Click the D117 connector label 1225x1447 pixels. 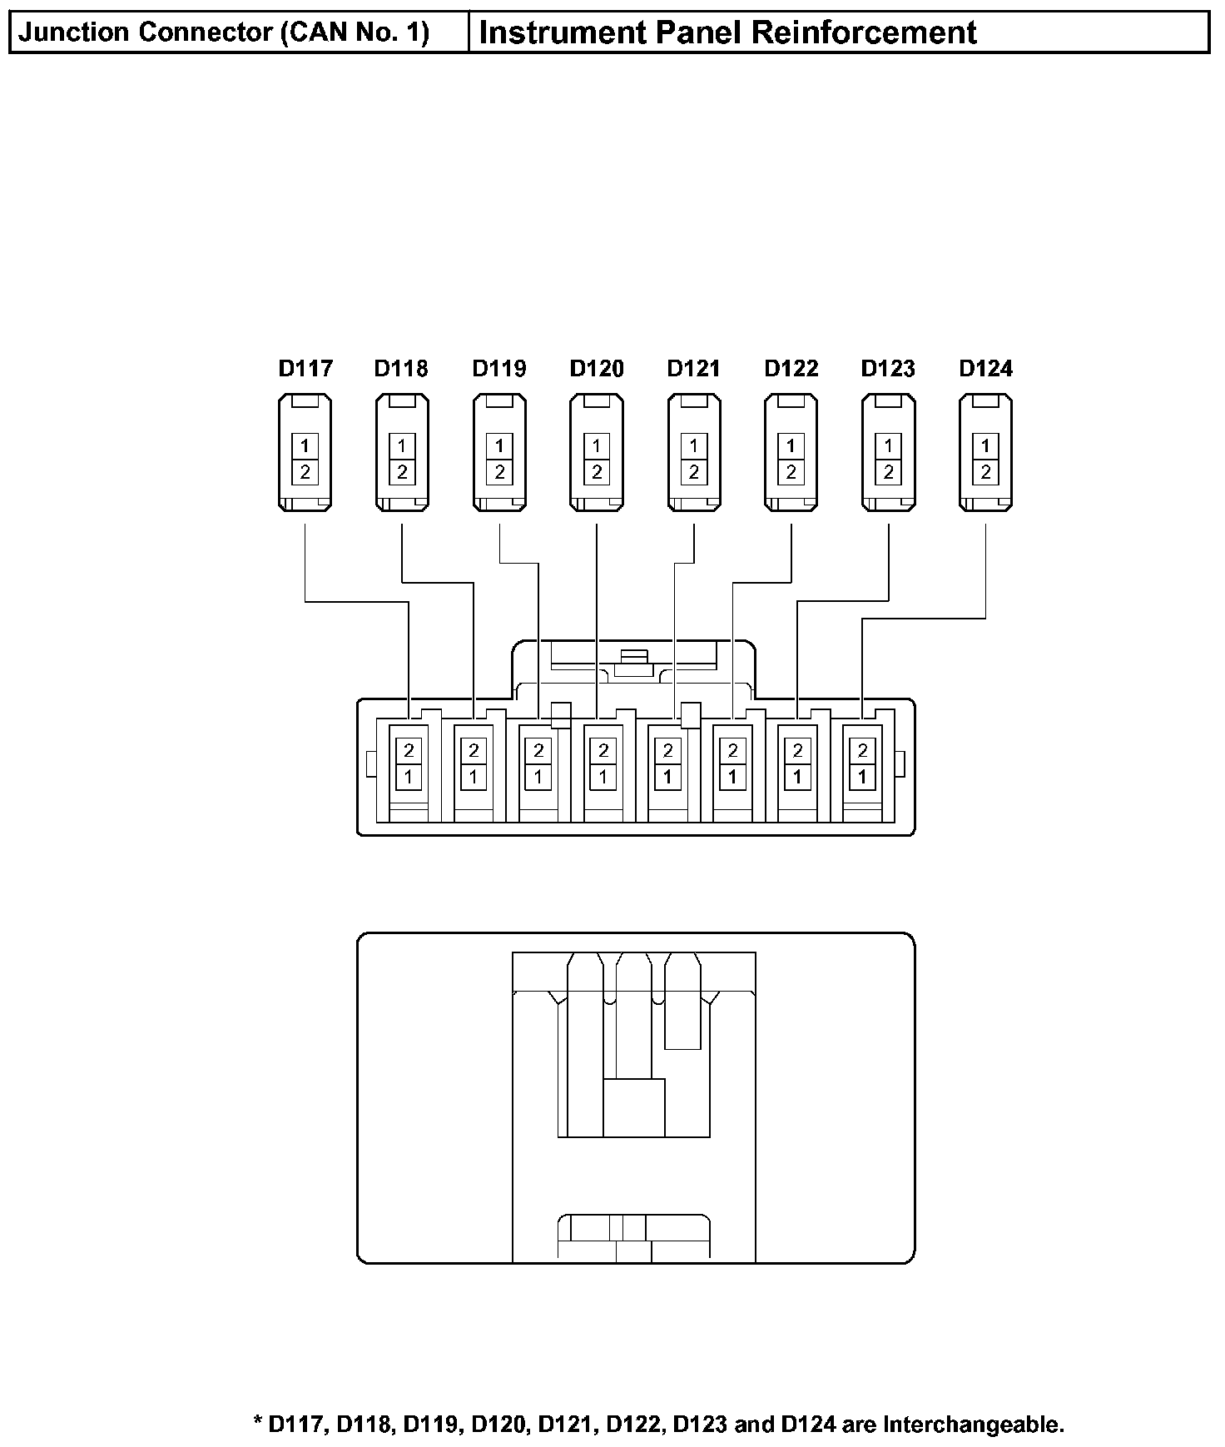pyautogui.click(x=305, y=368)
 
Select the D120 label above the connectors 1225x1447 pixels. pyautogui.click(x=597, y=368)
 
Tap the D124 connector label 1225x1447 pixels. pyautogui.click(x=986, y=368)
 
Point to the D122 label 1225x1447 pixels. pyautogui.click(x=791, y=368)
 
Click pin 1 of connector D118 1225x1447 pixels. pyautogui.click(x=402, y=445)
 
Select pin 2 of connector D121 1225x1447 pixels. pyautogui.click(x=694, y=472)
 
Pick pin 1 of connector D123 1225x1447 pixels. pyautogui.click(x=889, y=445)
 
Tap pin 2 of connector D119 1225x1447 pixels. pyautogui.click(x=499, y=472)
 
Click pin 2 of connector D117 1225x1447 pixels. pyautogui.click(x=305, y=472)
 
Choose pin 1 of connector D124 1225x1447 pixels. pyautogui.click(x=986, y=445)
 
